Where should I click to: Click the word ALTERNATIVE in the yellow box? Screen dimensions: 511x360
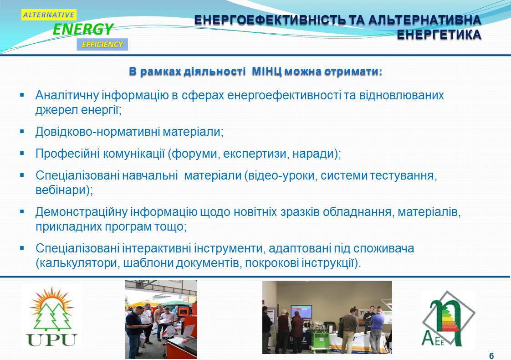49,15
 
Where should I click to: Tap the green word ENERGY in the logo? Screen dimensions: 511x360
83,29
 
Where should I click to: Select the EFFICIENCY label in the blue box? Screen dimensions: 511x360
102,45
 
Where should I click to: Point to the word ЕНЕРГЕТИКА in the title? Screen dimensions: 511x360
439,35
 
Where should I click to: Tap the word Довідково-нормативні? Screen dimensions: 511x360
97,132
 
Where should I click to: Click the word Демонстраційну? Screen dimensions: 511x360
82,212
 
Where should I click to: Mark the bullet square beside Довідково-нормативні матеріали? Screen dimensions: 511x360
22,132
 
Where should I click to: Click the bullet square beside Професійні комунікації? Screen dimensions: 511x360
22,153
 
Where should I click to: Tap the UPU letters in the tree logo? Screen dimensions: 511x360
52,340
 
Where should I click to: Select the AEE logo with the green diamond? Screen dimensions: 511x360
449,319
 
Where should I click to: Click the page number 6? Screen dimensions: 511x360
491,356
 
